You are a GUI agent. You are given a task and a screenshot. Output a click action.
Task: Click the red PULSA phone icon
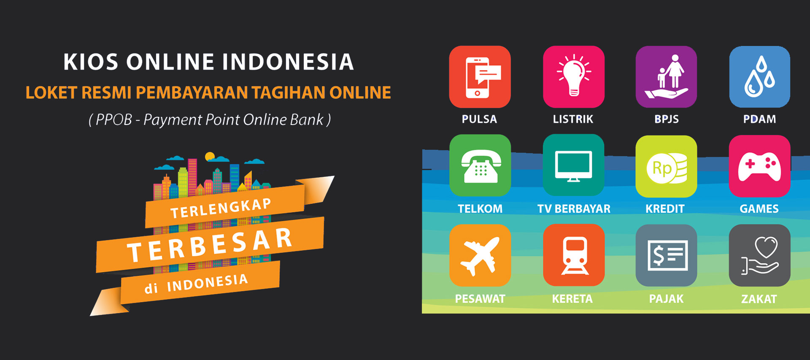point(480,77)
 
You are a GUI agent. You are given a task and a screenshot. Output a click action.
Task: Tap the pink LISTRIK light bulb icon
point(573,77)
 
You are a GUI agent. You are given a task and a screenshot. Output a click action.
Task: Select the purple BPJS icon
point(666,77)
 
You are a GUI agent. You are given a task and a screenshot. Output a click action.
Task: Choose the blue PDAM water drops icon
point(759,77)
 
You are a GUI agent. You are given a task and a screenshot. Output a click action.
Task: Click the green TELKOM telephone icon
point(480,165)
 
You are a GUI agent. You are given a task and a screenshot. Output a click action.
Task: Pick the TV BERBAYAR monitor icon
point(573,165)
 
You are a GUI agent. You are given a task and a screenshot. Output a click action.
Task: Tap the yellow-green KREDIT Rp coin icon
point(666,166)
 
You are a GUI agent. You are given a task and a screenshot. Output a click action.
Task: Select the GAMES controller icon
point(759,166)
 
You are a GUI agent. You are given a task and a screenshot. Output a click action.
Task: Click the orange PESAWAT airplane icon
point(480,255)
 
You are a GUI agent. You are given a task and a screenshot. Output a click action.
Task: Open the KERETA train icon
point(574,255)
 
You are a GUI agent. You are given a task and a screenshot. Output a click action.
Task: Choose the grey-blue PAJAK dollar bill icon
point(666,255)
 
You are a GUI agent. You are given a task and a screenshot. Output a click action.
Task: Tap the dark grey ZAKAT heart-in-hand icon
point(759,255)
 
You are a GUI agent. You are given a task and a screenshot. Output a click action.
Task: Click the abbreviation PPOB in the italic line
point(113,120)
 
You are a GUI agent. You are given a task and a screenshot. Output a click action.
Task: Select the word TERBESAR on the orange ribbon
point(210,245)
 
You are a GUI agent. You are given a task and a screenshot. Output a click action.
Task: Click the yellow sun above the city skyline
point(210,157)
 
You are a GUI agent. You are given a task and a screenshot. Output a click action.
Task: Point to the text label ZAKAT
point(759,299)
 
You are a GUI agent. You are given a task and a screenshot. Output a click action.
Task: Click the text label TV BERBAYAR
point(574,208)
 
